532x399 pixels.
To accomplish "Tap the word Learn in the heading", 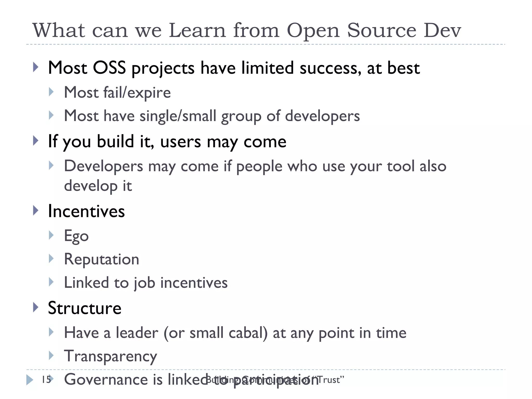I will [197, 31].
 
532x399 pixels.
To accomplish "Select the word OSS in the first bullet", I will [109, 68].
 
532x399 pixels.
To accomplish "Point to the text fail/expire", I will [137, 92].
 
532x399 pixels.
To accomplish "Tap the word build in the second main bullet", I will [115, 142].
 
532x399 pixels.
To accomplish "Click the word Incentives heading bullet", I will [86, 211].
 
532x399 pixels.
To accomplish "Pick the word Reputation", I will [102, 259].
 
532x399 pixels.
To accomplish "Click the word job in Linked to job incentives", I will [144, 283].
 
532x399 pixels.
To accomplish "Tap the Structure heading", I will [85, 308].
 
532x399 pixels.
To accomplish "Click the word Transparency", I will [110, 356].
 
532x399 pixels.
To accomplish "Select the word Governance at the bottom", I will [106, 379].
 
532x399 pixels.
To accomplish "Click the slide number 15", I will [46, 380].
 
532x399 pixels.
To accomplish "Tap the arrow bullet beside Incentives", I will [36, 210].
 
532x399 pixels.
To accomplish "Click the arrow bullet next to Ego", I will [51, 235].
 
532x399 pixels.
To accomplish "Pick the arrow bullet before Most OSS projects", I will [36, 67].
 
